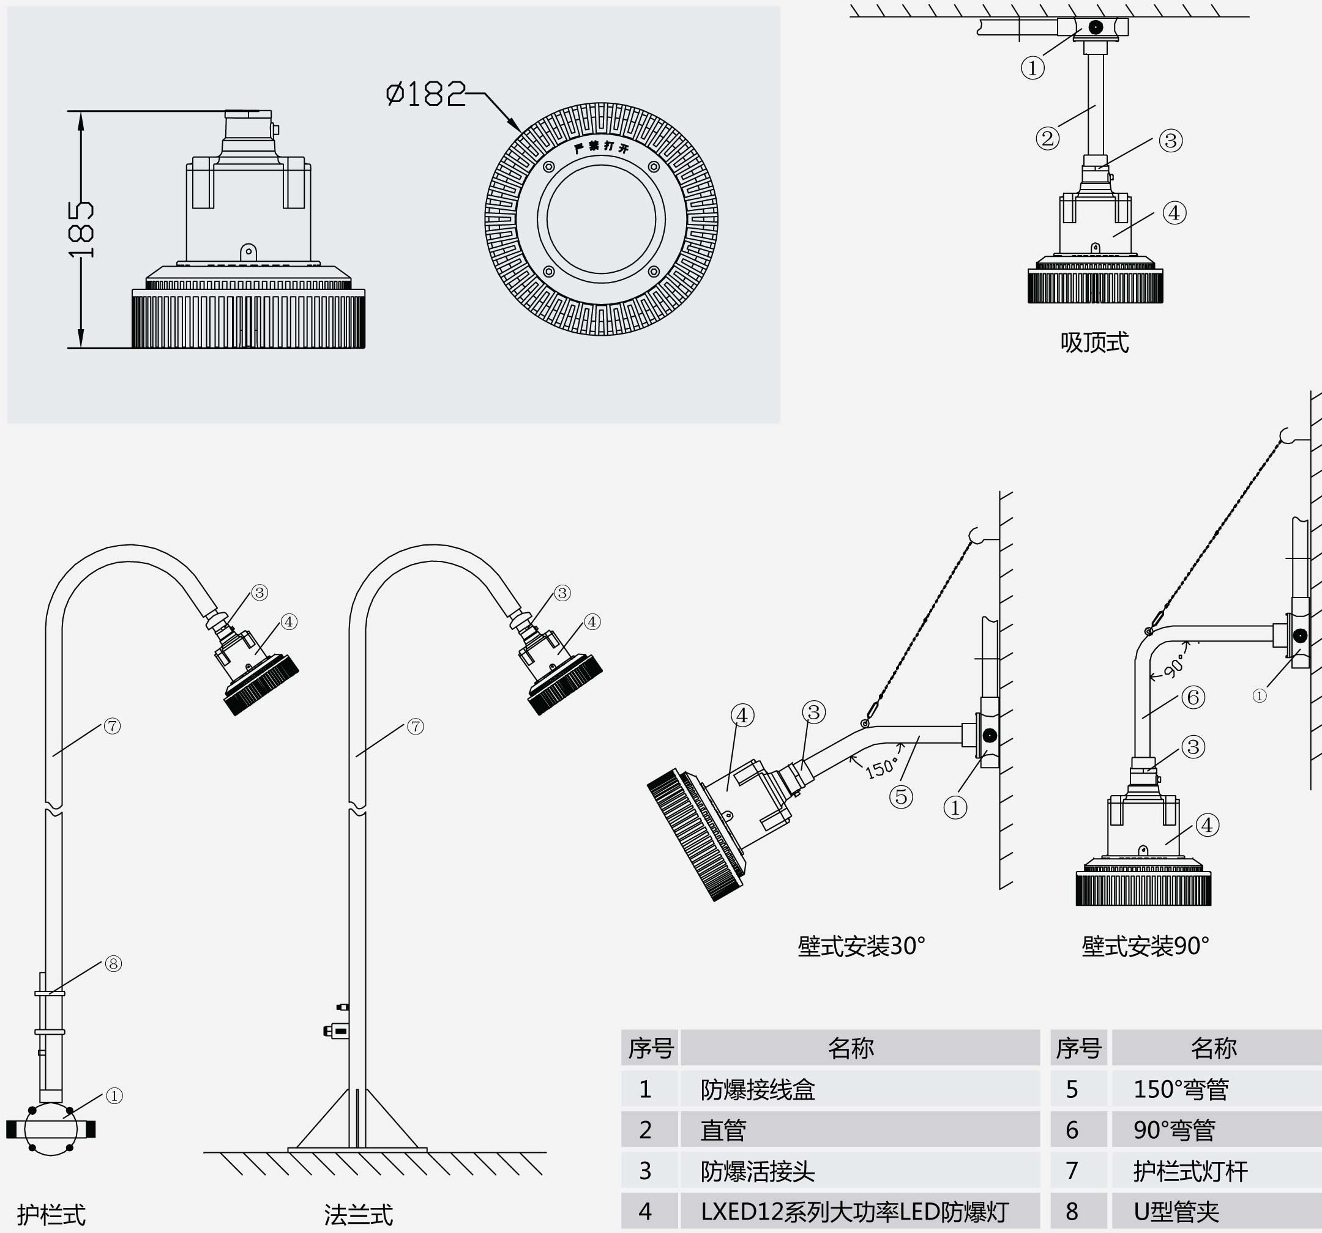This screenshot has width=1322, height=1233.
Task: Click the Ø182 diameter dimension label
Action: click(x=426, y=94)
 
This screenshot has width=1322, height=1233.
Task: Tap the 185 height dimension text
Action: click(x=83, y=230)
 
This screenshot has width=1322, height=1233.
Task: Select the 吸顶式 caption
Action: click(x=1094, y=343)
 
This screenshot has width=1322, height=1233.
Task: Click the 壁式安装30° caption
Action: click(x=861, y=946)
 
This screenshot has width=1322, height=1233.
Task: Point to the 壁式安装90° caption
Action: click(x=1145, y=946)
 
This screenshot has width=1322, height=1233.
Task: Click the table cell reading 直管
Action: click(x=723, y=1131)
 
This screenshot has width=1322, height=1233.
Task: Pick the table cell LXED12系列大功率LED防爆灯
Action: click(x=854, y=1212)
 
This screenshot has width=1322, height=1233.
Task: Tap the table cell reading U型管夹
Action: click(x=1176, y=1212)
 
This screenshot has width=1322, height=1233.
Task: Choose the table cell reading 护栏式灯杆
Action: click(x=1190, y=1171)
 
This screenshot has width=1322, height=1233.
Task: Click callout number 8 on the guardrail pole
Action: click(x=114, y=964)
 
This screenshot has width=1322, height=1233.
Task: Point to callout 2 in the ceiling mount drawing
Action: click(x=1047, y=139)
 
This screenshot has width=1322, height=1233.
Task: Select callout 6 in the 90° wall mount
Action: click(x=1193, y=697)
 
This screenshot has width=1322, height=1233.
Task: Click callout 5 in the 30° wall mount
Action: click(x=901, y=796)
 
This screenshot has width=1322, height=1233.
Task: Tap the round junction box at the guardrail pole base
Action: click(x=51, y=1129)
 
